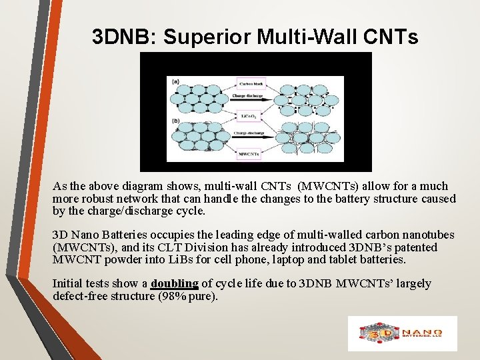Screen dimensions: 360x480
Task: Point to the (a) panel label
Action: coord(175,81)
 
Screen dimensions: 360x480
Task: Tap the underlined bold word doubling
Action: coord(175,284)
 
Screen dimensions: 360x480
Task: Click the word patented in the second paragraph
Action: coord(415,247)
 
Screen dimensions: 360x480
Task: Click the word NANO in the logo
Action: coord(427,331)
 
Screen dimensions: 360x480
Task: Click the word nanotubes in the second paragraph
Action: coord(430,235)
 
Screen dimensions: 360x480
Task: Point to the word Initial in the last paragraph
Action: coord(69,284)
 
